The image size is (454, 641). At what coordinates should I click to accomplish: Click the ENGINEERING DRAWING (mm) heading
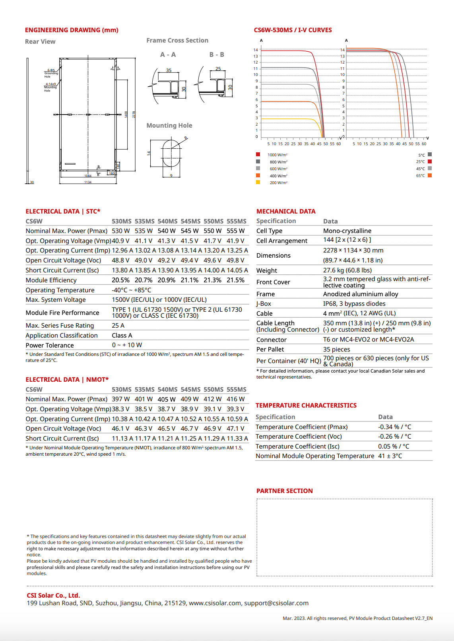(x=72, y=30)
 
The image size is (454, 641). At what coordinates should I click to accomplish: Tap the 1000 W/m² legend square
(x=258, y=154)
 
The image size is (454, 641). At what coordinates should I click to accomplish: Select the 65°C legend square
(x=430, y=175)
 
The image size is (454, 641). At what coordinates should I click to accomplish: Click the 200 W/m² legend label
(x=278, y=183)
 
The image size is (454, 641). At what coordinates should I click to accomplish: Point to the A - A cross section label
(x=168, y=55)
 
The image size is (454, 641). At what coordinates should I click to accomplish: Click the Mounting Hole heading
(x=169, y=126)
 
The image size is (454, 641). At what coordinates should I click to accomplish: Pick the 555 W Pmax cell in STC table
(x=235, y=231)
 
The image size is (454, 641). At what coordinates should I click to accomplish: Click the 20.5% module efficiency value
(x=120, y=280)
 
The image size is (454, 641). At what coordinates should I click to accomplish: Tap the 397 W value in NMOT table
(x=120, y=399)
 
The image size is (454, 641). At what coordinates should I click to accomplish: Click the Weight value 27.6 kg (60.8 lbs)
(x=347, y=270)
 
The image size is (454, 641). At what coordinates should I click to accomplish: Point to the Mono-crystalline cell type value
(x=347, y=231)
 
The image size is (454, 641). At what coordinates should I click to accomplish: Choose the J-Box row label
(x=264, y=304)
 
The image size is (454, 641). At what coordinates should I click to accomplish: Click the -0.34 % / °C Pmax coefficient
(x=394, y=427)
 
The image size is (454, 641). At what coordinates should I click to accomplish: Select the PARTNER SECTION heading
(x=284, y=491)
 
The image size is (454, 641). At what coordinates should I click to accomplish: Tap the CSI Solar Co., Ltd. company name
(x=53, y=596)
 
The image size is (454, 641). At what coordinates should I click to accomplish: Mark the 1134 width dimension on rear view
(x=88, y=182)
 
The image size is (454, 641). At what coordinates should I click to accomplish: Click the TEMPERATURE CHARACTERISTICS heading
(x=306, y=406)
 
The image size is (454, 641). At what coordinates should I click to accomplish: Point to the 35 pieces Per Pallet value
(x=336, y=350)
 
